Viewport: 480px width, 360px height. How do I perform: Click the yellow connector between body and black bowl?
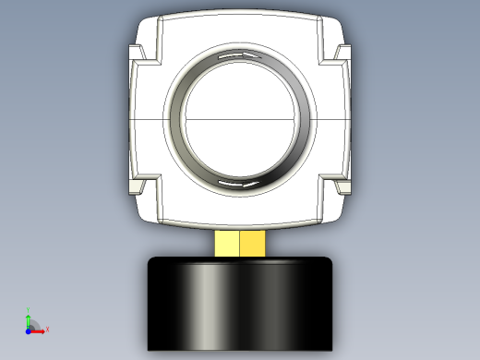pyautogui.click(x=239, y=243)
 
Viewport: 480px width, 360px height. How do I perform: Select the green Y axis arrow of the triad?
pyautogui.click(x=29, y=316)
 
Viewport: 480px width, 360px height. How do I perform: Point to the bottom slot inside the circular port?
pyautogui.click(x=239, y=184)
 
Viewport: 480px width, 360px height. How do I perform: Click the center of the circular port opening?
pyautogui.click(x=240, y=120)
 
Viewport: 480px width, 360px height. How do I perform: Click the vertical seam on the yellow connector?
pyautogui.click(x=239, y=244)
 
